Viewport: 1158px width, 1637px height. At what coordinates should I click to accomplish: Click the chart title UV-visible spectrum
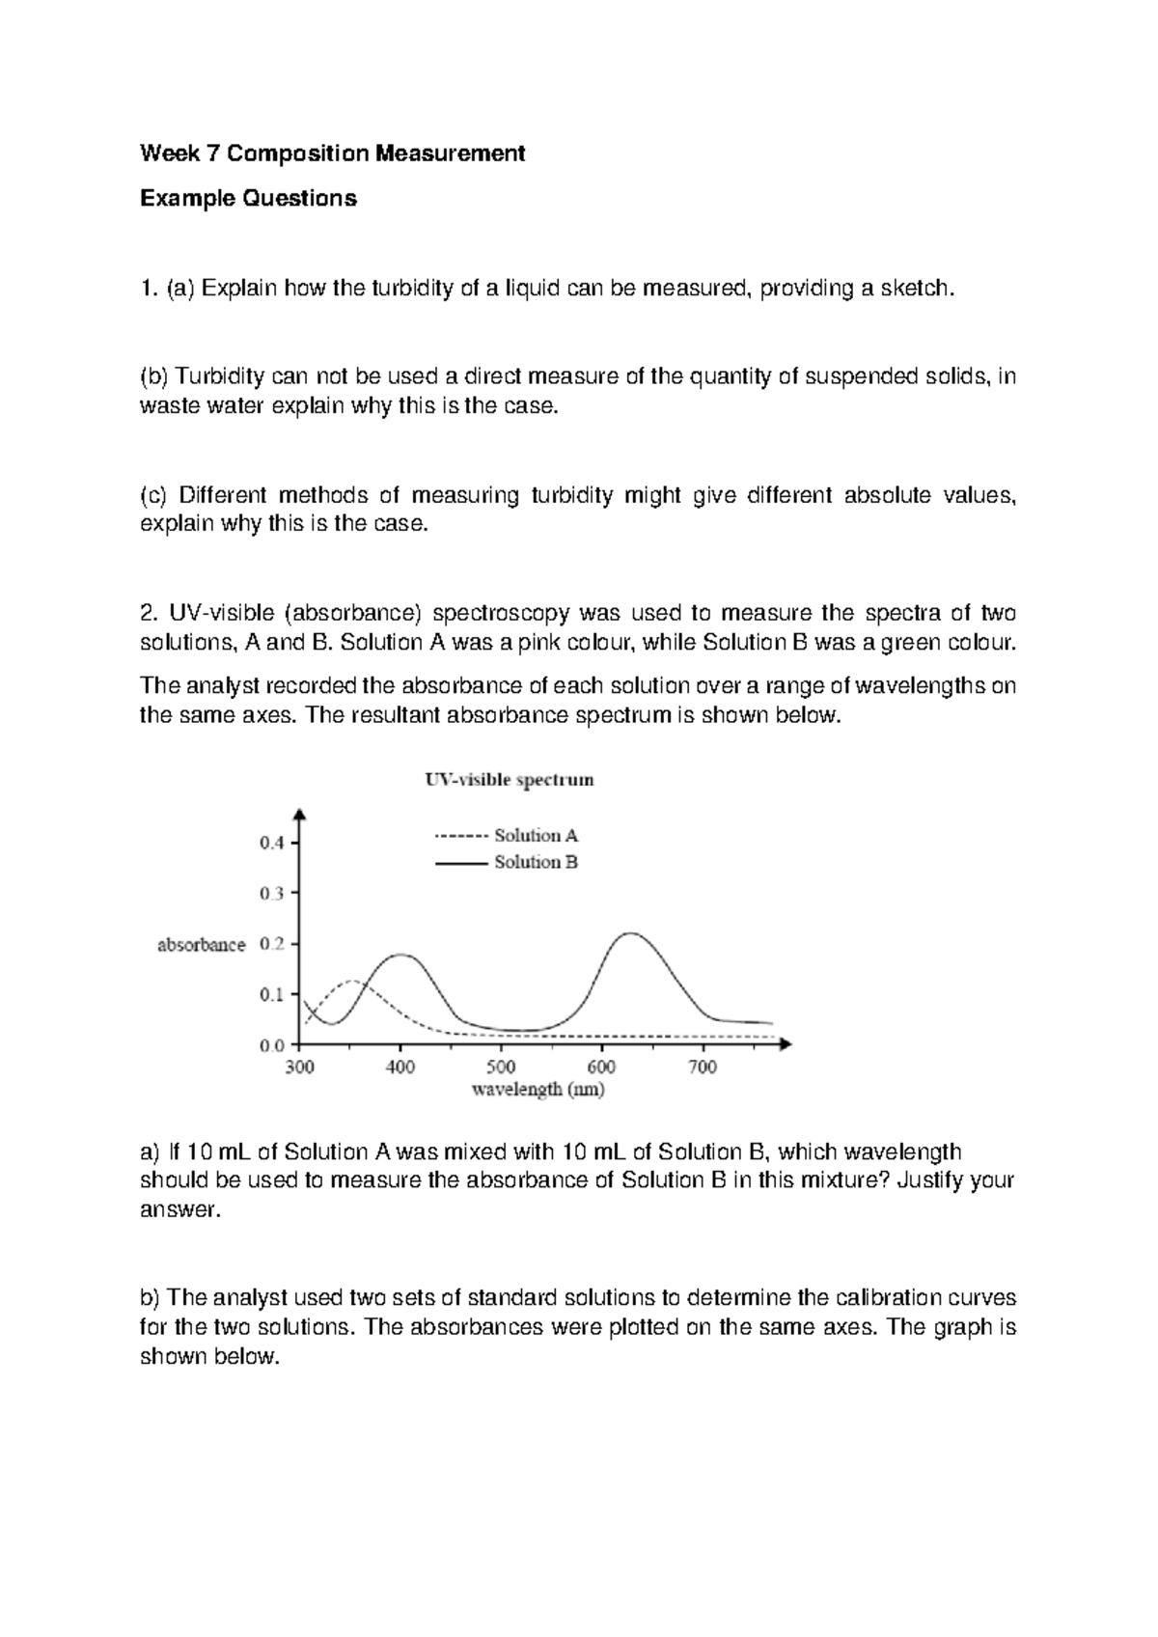coord(510,780)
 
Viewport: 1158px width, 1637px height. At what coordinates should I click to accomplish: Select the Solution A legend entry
coord(507,836)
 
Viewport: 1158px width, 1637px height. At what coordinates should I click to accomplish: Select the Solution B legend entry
coord(507,862)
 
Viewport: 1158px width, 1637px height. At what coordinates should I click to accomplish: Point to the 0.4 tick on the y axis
coord(272,843)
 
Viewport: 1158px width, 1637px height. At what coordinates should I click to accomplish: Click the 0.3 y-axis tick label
coord(272,894)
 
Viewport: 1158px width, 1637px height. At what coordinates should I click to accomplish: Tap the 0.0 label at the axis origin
coord(272,1045)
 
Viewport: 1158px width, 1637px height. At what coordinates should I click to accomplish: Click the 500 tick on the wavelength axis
coord(501,1068)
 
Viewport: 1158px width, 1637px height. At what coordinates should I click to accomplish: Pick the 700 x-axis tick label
coord(703,1068)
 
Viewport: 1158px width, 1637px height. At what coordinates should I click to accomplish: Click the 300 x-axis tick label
coord(300,1068)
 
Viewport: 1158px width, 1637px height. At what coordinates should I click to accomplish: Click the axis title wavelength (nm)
coord(538,1091)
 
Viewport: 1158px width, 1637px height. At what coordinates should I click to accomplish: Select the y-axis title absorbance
coord(202,945)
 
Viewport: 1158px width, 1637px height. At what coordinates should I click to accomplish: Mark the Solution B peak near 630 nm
coord(629,933)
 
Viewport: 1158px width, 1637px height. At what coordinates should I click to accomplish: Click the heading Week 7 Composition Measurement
coord(333,153)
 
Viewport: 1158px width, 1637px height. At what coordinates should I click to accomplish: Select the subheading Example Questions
coord(248,199)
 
